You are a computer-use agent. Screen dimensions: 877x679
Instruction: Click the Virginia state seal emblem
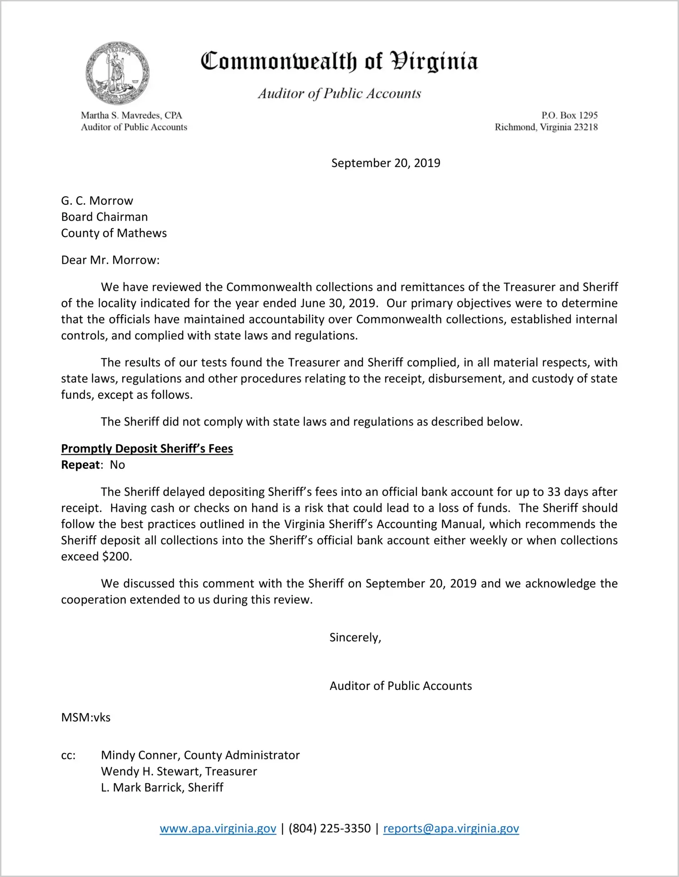coord(117,73)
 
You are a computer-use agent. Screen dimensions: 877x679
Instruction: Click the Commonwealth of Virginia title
coord(339,61)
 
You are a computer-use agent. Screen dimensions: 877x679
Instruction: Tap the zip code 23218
coord(585,127)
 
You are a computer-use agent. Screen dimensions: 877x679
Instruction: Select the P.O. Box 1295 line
coord(569,115)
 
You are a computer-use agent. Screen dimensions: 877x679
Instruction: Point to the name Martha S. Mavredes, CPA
coord(131,115)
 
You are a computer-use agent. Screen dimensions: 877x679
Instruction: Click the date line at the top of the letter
coord(385,163)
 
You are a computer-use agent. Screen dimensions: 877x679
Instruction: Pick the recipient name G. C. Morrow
coord(97,201)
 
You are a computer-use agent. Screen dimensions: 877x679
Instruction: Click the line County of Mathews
coord(114,233)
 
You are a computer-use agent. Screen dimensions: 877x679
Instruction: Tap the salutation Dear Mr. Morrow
coord(110,260)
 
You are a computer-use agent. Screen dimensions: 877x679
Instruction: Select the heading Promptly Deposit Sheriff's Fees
coord(147,449)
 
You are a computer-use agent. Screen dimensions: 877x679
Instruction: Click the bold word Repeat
coord(80,465)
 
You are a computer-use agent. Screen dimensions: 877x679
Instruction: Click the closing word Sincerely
coord(355,638)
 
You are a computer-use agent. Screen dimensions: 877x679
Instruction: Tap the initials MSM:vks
coord(86,718)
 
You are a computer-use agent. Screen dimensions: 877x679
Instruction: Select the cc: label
coord(68,755)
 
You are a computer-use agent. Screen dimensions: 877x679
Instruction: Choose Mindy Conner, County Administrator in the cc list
coord(200,755)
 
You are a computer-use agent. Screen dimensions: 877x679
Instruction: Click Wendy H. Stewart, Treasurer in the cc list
coord(179,772)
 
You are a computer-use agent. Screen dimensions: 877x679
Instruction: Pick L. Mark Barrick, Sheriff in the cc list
coord(162,788)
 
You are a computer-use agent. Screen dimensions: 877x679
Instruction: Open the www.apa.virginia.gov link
coord(218,828)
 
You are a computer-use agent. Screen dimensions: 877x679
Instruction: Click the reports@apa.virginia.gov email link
coord(451,828)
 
